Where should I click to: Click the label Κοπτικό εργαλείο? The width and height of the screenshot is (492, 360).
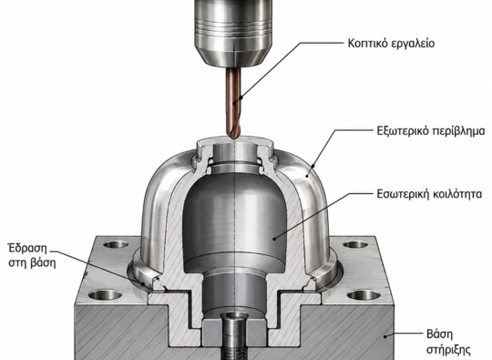click(x=391, y=44)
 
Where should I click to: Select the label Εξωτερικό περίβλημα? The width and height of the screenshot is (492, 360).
click(x=431, y=130)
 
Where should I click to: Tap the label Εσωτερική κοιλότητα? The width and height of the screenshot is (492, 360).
click(x=429, y=194)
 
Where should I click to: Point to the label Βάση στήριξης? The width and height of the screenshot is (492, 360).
click(x=448, y=341)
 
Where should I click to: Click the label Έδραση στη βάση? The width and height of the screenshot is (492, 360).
click(x=32, y=255)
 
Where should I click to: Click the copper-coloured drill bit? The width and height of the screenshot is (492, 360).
click(x=233, y=103)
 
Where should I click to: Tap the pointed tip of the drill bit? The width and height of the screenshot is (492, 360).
click(x=233, y=139)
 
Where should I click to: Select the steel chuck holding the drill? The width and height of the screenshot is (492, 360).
click(x=232, y=33)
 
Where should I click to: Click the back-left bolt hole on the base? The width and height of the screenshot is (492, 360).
click(x=116, y=244)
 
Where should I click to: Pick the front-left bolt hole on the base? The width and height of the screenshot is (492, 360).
click(x=105, y=295)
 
